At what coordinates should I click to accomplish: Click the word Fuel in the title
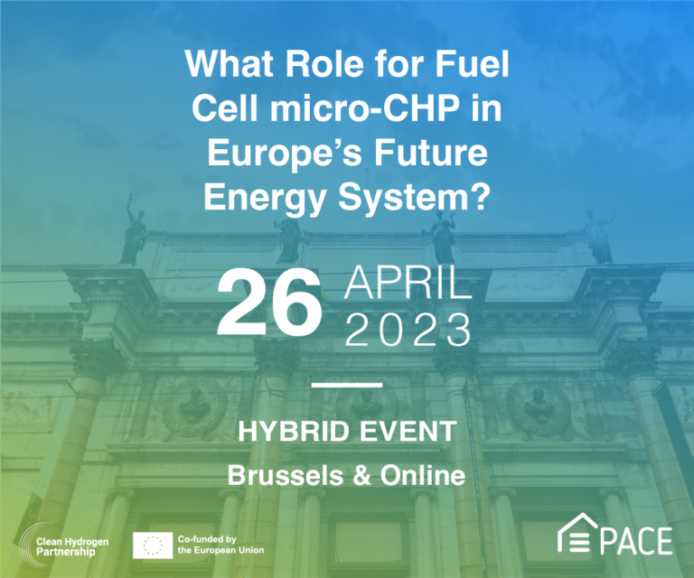pos(473,64)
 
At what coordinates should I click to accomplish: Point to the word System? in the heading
pos(414,198)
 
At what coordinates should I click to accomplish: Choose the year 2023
pos(408,330)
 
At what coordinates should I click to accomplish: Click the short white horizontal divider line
pos(347,386)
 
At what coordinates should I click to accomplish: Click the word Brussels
pos(285,475)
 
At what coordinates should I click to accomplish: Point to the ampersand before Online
pos(362,476)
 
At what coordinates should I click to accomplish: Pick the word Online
pos(423,475)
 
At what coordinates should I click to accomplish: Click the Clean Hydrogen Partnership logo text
pos(72,546)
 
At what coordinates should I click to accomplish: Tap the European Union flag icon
pos(153,545)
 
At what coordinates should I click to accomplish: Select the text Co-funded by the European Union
pos(220,545)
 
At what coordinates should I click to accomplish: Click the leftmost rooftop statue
pos(133,232)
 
